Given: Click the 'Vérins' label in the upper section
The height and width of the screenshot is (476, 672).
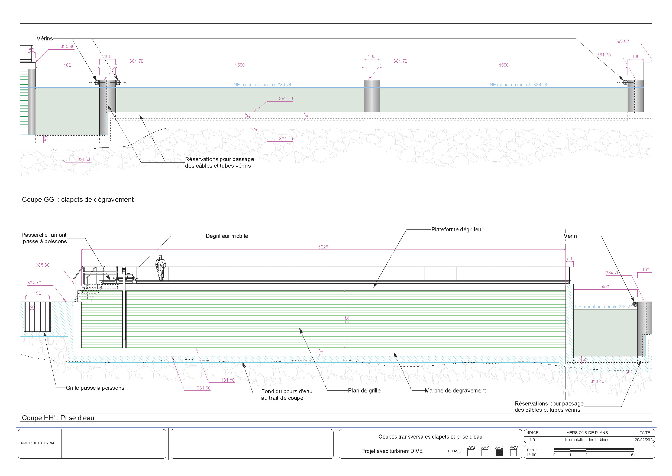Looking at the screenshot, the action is [45, 39].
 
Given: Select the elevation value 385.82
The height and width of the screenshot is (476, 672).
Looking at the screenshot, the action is [622, 41].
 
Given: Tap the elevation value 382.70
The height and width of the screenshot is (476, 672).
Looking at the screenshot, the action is [286, 98].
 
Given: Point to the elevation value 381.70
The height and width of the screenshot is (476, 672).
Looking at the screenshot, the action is [286, 139].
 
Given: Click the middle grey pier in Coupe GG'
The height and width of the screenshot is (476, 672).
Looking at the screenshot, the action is [371, 96].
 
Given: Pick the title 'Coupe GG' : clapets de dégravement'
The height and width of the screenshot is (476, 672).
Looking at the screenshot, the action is [77, 200].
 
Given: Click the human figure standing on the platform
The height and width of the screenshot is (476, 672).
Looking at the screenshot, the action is [160, 268].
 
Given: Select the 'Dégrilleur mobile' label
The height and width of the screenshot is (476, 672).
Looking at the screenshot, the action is [227, 236].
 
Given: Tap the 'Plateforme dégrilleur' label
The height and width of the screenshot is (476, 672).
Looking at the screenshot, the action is [457, 229].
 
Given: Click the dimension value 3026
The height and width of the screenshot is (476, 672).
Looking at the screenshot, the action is [323, 247].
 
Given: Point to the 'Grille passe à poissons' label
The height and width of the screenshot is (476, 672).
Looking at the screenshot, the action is [95, 388].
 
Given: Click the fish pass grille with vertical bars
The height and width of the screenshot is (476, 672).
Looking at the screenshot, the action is [37, 317].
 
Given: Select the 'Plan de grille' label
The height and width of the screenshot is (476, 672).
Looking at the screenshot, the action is [364, 390].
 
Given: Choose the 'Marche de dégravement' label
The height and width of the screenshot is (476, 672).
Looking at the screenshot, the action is [455, 390].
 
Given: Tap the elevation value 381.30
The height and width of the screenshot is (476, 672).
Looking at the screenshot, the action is [203, 388].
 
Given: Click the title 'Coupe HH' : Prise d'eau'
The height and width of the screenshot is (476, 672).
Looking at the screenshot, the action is [58, 418].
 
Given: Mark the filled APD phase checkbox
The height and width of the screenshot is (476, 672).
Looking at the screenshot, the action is [499, 453].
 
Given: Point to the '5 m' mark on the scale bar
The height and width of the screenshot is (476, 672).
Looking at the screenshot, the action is [634, 455].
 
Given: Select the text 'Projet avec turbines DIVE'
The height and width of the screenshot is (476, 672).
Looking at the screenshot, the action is [392, 451].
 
